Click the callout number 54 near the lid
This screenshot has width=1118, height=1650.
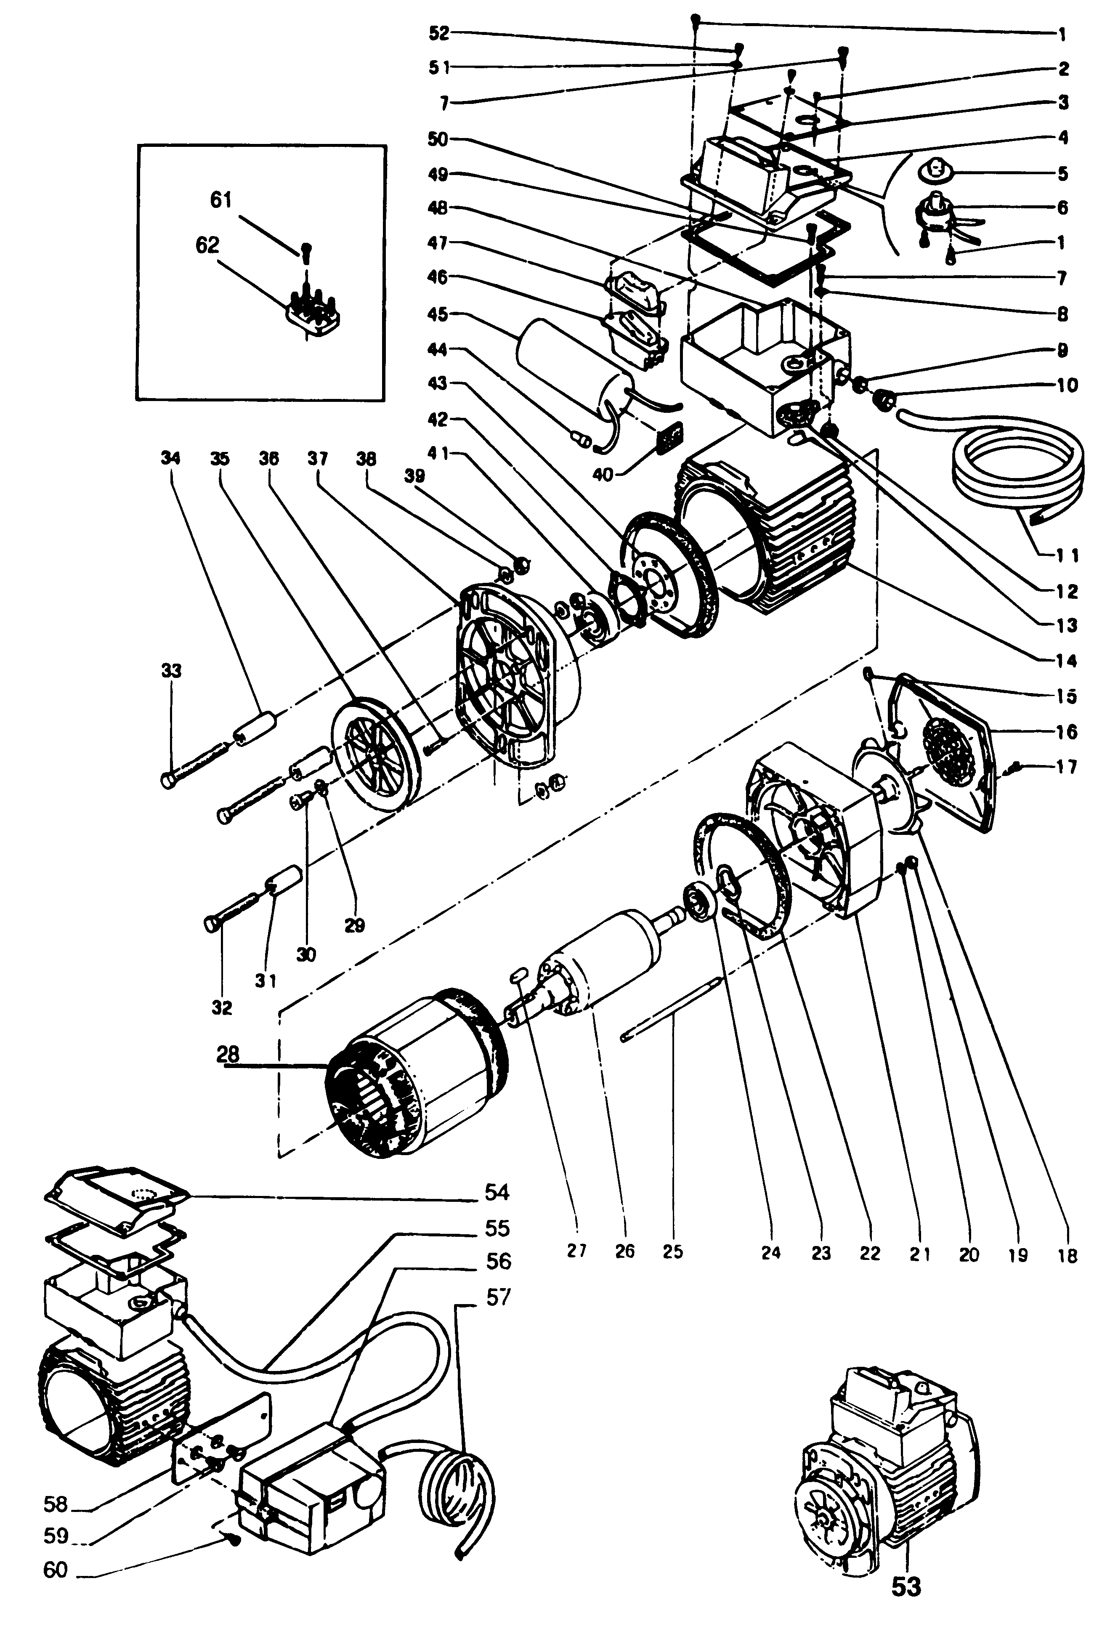[497, 1192]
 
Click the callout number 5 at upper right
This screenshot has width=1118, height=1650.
[1062, 173]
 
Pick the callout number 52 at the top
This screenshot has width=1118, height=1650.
[440, 33]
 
